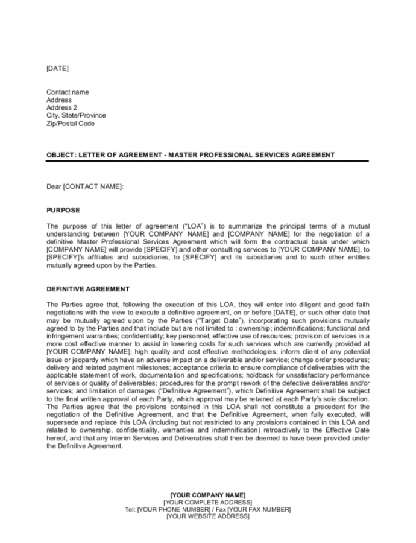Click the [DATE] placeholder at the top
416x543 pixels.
(x=57, y=69)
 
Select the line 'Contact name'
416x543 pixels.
(x=68, y=92)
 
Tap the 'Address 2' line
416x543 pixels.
(x=61, y=108)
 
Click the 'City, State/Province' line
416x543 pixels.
(x=76, y=116)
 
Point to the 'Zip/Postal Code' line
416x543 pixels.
(x=71, y=124)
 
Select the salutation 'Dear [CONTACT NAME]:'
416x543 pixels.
(x=85, y=187)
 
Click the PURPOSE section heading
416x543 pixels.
(x=63, y=211)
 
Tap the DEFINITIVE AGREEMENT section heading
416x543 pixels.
(x=88, y=289)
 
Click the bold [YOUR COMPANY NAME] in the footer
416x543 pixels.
(x=208, y=495)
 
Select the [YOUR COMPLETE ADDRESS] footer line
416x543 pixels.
(x=208, y=502)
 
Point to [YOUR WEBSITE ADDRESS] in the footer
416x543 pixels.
(x=208, y=516)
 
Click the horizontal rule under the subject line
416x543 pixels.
(x=207, y=161)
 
